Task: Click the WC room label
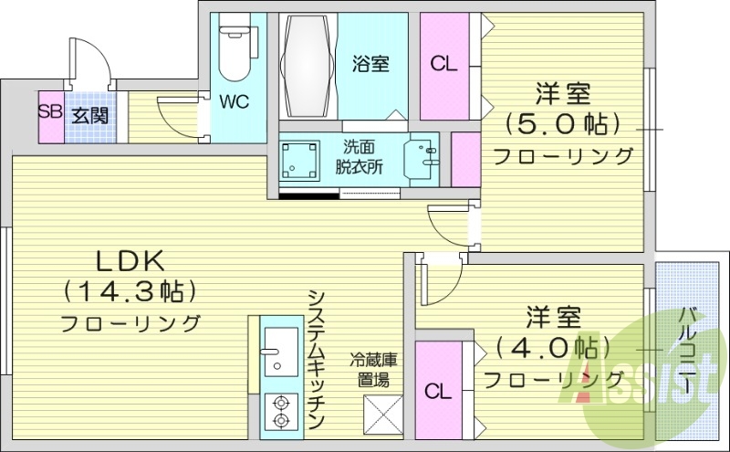tap(234, 101)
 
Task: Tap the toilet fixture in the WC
tap(235, 51)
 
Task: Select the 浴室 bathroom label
tap(371, 64)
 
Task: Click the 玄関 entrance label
tap(91, 116)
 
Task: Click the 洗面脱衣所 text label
tap(359, 155)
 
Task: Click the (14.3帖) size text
tap(130, 292)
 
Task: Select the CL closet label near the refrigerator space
tap(439, 392)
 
